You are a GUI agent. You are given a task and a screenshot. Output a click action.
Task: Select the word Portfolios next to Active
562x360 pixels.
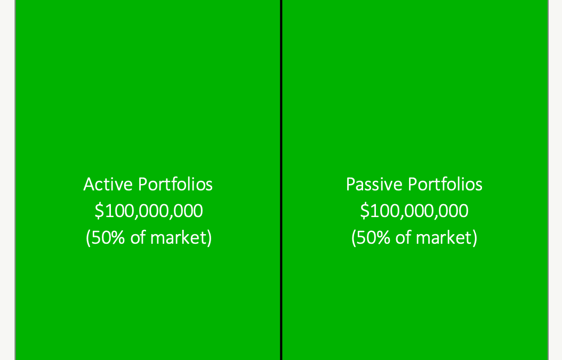click(175, 185)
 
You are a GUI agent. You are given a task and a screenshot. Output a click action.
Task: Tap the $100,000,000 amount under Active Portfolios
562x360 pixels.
click(149, 211)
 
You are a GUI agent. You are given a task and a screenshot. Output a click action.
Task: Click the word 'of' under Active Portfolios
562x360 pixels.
click(138, 237)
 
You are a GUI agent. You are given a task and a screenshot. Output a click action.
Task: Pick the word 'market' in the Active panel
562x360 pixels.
click(179, 237)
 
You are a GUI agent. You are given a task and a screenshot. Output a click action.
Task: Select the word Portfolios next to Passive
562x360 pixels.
click(445, 185)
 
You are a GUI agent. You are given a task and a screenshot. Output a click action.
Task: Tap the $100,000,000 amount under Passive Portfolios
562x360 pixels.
click(414, 211)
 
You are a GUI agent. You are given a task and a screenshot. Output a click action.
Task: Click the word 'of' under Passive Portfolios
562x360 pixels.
click(404, 237)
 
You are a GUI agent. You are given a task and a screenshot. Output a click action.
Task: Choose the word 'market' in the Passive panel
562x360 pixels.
click(444, 237)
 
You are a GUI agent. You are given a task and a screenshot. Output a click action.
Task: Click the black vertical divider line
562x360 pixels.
click(282, 180)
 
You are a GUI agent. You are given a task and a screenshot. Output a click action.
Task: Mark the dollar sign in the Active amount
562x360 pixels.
click(99, 211)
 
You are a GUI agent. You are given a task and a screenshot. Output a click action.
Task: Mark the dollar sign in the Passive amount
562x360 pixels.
click(365, 211)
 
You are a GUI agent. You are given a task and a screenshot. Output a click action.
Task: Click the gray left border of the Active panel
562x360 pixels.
click(15, 180)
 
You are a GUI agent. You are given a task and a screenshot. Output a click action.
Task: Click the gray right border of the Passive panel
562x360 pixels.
click(548, 180)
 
